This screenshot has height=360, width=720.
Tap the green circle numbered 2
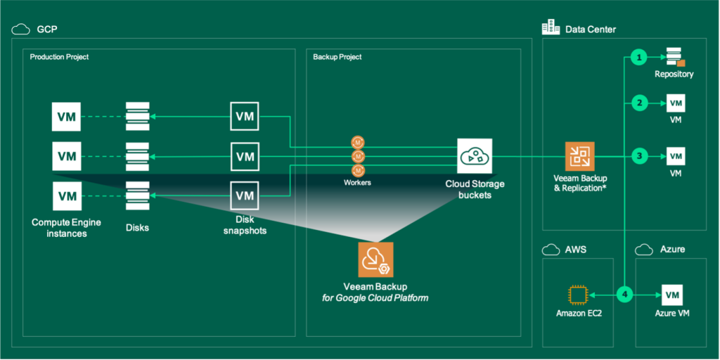(638, 104)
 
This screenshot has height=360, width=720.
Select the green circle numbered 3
(638, 155)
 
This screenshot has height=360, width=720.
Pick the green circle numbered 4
(625, 295)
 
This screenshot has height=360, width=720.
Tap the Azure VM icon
(673, 295)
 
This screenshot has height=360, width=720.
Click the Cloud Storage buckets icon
(475, 157)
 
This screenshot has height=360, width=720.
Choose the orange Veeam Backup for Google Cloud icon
(375, 260)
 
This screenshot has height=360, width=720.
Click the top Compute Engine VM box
(67, 116)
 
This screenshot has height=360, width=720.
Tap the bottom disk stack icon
(137, 195)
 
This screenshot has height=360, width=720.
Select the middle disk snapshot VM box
(245, 156)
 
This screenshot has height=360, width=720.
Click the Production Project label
(59, 57)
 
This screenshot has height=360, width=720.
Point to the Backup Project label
(337, 57)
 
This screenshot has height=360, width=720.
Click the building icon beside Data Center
(550, 28)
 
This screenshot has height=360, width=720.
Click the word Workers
(358, 182)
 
